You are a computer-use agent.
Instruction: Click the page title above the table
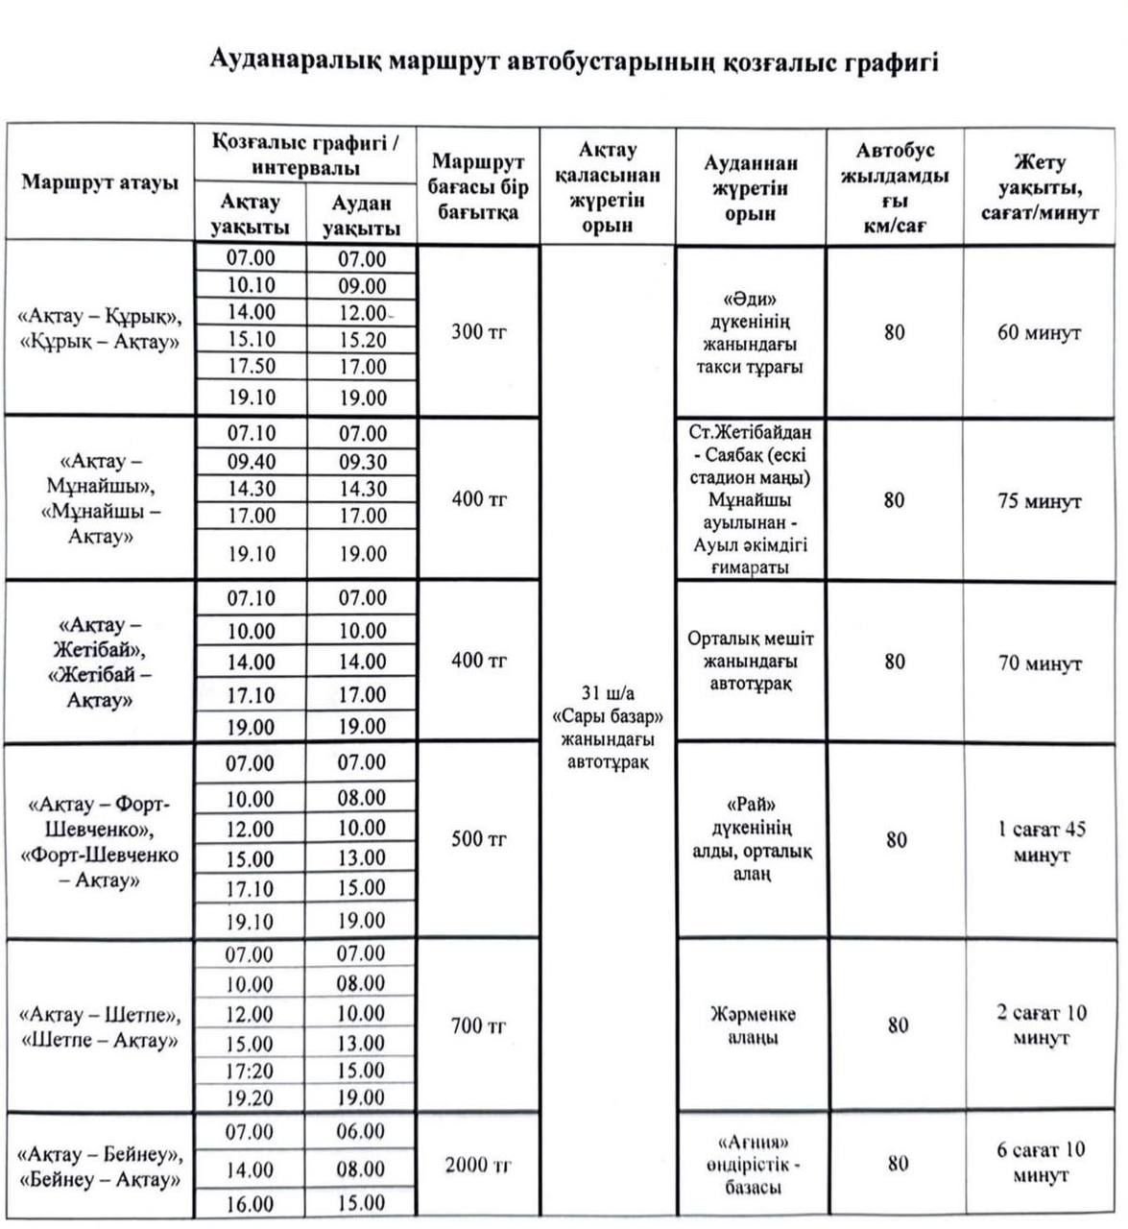click(573, 63)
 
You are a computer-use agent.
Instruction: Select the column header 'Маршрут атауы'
click(100, 181)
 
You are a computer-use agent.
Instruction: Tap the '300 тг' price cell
click(478, 332)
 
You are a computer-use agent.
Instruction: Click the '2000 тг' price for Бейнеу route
click(478, 1166)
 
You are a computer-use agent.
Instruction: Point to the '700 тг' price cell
click(478, 1026)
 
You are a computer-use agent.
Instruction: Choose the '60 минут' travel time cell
click(1040, 333)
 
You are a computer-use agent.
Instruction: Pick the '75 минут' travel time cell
click(1040, 501)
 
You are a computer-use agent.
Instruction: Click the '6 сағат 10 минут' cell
click(1040, 1162)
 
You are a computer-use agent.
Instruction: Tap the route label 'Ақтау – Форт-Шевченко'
click(100, 841)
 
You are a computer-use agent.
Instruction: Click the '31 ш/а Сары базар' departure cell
click(608, 728)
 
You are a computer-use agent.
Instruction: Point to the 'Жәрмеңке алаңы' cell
click(752, 1026)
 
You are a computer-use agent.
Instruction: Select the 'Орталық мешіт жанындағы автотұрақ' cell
click(751, 662)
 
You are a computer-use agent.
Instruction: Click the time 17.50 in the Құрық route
click(252, 367)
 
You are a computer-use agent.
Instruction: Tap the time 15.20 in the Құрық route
click(362, 340)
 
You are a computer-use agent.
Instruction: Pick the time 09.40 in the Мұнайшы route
click(252, 462)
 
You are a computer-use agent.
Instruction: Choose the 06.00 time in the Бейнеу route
click(361, 1132)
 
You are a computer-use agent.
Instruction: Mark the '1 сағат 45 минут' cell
click(1040, 841)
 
